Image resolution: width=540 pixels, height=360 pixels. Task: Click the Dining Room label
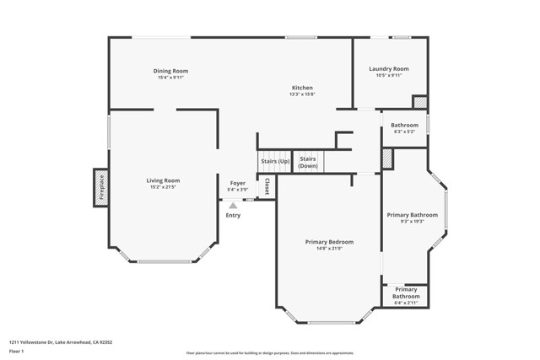point(170,71)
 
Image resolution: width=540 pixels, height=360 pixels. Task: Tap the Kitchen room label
point(302,88)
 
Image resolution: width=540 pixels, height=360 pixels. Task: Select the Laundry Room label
point(388,68)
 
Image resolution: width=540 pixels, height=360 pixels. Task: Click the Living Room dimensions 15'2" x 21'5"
point(163,187)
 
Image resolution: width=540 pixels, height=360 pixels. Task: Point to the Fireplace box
point(100,187)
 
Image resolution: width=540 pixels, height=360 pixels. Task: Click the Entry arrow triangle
point(233,205)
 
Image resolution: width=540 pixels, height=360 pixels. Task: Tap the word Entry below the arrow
point(233,216)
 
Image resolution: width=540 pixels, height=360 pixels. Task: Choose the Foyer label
point(238,183)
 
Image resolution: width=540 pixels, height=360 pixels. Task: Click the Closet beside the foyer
point(267,186)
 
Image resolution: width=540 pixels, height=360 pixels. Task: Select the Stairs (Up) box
point(274,161)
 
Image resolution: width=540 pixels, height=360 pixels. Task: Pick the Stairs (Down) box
point(308,162)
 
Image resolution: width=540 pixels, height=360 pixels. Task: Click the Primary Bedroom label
point(329,242)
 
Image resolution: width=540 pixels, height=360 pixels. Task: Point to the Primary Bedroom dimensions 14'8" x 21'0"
point(329,249)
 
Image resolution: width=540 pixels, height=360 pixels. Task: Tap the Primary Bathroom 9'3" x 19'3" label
point(412,218)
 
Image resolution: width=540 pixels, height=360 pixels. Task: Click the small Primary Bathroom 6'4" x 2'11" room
point(406,294)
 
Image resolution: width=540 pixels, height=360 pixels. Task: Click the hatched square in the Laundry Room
point(419,102)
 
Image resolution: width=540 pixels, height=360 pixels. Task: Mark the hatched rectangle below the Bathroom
point(387,159)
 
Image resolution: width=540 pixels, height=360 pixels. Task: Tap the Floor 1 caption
point(18,352)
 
